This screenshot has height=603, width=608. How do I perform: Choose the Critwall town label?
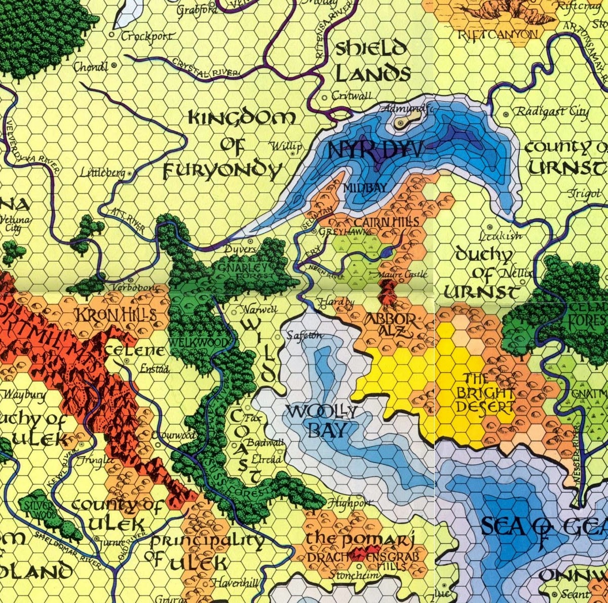tap(352, 96)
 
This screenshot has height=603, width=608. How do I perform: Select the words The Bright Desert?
tap(485, 393)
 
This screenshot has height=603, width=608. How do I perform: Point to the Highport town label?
tap(349, 504)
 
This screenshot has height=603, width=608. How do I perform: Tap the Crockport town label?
tap(147, 36)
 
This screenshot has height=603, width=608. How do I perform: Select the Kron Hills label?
tap(116, 315)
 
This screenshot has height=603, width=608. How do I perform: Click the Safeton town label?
tap(305, 335)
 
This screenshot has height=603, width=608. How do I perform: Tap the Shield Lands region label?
tap(372, 62)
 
